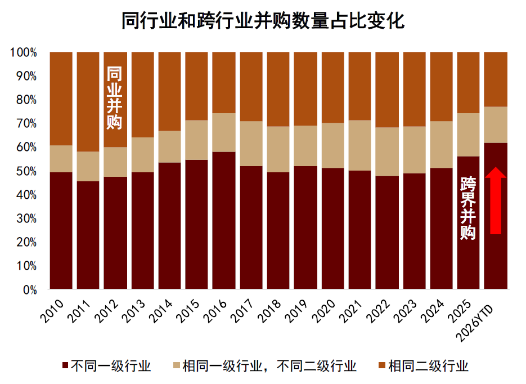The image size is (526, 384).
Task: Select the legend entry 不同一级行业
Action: pyautogui.click(x=106, y=367)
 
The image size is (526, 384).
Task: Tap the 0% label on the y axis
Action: pyautogui.click(x=29, y=290)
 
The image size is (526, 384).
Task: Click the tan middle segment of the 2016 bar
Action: pyautogui.click(x=223, y=132)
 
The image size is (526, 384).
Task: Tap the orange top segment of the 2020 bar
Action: pyautogui.click(x=332, y=87)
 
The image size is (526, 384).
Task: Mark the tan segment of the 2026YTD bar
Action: pyautogui.click(x=496, y=124)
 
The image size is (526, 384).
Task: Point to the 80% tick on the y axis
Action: pyautogui.click(x=26, y=100)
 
